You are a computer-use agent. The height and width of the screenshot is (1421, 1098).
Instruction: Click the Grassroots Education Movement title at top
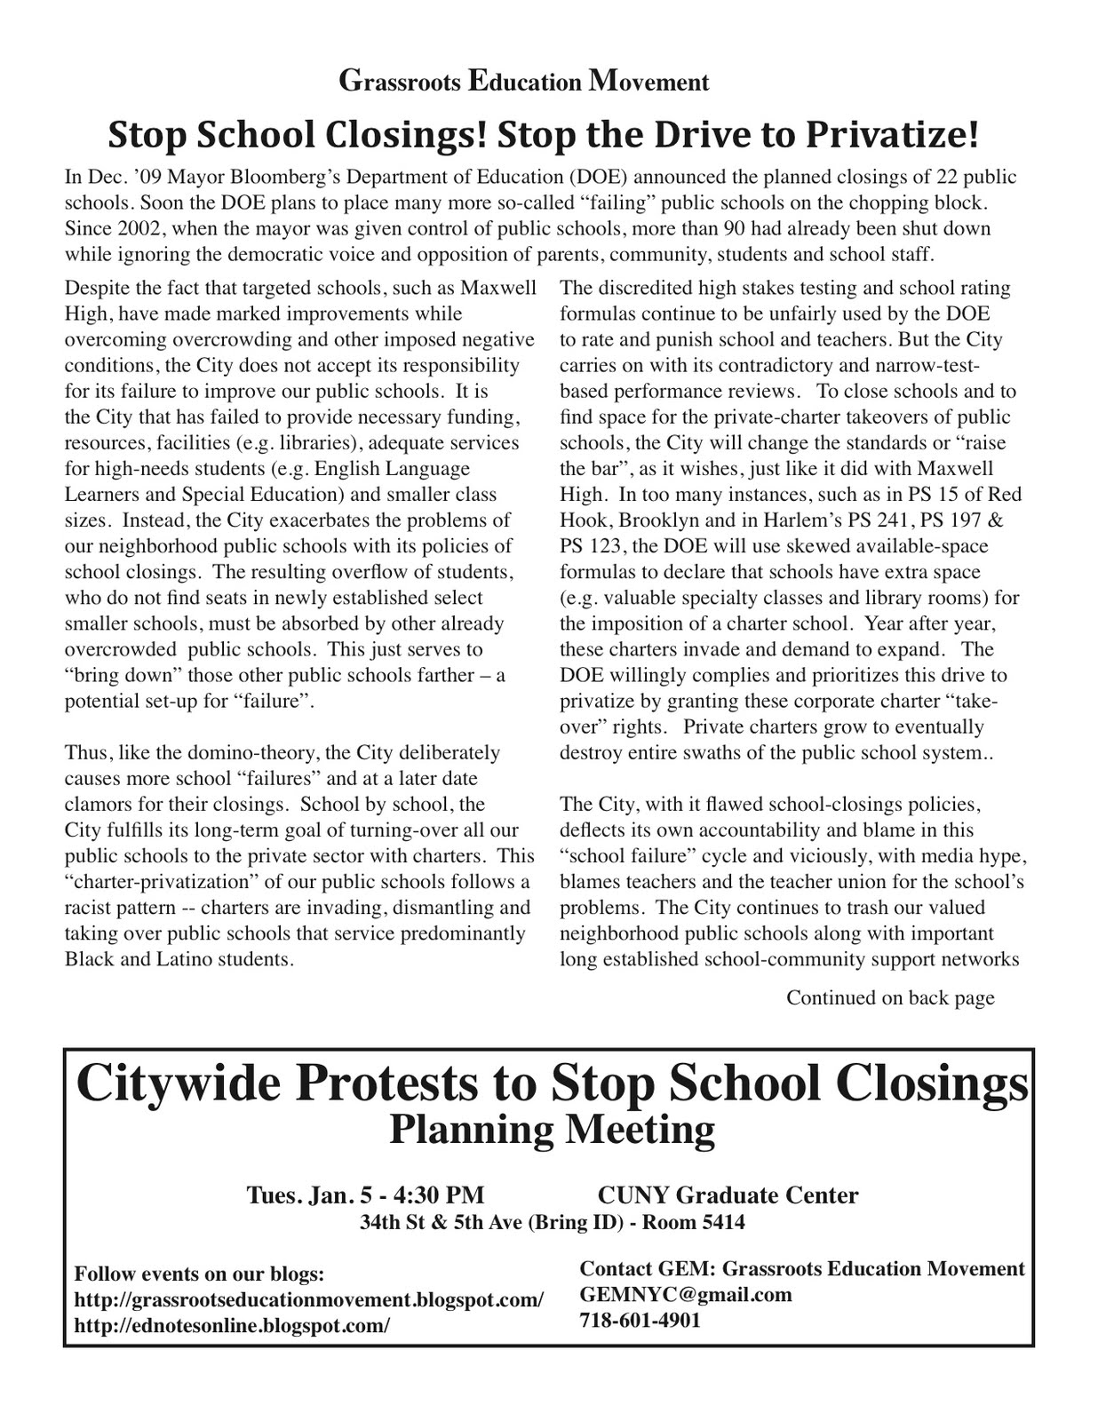[523, 82]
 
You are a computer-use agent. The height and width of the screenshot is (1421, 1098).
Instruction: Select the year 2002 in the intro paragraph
[141, 228]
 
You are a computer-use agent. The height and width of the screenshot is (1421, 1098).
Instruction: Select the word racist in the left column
[90, 908]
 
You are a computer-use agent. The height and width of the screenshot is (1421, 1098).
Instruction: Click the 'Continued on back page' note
[889, 997]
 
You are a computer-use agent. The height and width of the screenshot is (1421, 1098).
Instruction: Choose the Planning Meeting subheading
[552, 1130]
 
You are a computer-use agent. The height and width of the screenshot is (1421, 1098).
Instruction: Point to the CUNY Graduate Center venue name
[728, 1195]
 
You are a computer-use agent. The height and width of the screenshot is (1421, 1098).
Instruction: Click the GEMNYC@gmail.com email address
[685, 1294]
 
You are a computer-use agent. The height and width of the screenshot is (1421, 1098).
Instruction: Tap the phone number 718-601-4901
[640, 1320]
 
